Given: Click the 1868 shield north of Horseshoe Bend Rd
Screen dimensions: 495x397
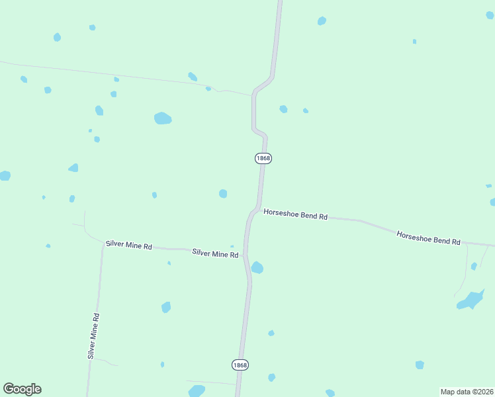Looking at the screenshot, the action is pyautogui.click(x=263, y=158).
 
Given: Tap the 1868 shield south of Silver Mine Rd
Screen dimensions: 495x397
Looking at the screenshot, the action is pyautogui.click(x=240, y=365).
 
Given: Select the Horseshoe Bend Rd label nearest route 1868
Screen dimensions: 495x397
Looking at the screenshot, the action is pyautogui.click(x=296, y=215).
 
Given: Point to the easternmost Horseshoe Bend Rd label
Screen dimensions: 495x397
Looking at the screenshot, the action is pyautogui.click(x=428, y=238).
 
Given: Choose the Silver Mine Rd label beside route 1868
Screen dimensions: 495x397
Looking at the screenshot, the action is pyautogui.click(x=215, y=253).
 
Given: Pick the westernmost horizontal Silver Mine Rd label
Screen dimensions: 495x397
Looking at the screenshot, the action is pyautogui.click(x=129, y=245).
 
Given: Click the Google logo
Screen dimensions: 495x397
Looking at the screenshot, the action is pyautogui.click(x=22, y=389).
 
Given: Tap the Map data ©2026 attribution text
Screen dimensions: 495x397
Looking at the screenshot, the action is pyautogui.click(x=466, y=392).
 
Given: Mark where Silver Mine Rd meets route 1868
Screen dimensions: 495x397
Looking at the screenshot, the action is pyautogui.click(x=244, y=255).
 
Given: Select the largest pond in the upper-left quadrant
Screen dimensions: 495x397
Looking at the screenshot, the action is pyautogui.click(x=162, y=118).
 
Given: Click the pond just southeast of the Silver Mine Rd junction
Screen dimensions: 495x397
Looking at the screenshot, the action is pyautogui.click(x=257, y=267).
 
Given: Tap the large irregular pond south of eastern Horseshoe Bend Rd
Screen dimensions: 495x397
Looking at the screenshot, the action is pyautogui.click(x=470, y=300).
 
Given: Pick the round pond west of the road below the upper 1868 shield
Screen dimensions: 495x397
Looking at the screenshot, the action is pyautogui.click(x=223, y=193).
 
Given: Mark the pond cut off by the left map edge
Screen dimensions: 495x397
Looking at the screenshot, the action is pyautogui.click(x=4, y=175).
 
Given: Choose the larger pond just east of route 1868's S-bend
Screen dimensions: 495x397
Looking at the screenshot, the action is pyautogui.click(x=283, y=109).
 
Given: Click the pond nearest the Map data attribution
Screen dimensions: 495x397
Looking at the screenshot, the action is pyautogui.click(x=420, y=365).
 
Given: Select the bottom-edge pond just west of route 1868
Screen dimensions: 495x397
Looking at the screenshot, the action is pyautogui.click(x=197, y=391).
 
